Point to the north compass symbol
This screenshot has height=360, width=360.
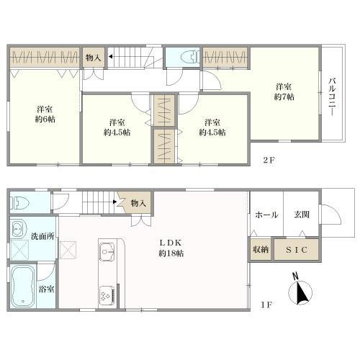301,292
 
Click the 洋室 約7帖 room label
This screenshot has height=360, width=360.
282,93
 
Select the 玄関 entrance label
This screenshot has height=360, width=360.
301,214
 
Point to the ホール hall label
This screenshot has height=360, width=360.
266,214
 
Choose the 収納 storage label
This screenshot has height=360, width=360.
261,249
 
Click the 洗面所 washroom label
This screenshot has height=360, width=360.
41,237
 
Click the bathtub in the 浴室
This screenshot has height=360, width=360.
22,287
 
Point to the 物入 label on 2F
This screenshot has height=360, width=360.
93,58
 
